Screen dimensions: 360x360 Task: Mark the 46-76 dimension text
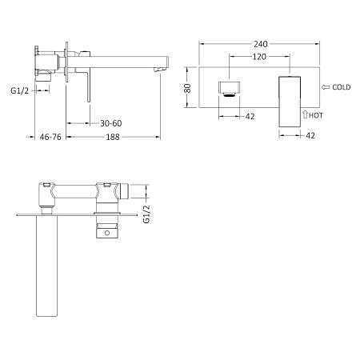[50, 138]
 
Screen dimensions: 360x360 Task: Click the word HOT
[316, 116]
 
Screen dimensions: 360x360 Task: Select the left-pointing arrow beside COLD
[325, 86]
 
